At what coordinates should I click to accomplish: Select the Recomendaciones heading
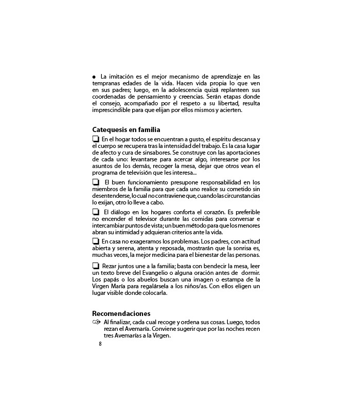pos(121,313)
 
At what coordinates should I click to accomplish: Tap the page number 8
pos(100,344)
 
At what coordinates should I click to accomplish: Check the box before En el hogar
pos(96,139)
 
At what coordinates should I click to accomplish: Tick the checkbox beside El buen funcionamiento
pos(96,182)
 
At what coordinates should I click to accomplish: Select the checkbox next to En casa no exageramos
pos(96,241)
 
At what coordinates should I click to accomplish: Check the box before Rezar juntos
pos(96,266)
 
